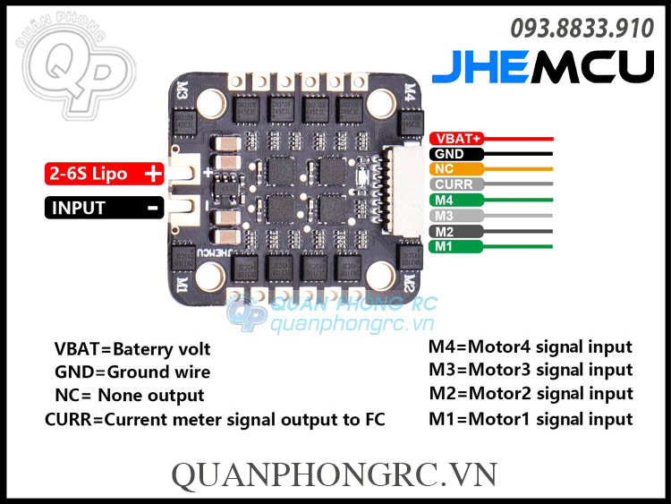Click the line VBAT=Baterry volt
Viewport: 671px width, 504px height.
pyautogui.click(x=132, y=349)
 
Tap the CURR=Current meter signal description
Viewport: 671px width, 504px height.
pyautogui.click(x=215, y=419)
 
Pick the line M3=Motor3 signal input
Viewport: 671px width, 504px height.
pyautogui.click(x=531, y=370)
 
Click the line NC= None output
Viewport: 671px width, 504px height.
pyautogui.click(x=129, y=396)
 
